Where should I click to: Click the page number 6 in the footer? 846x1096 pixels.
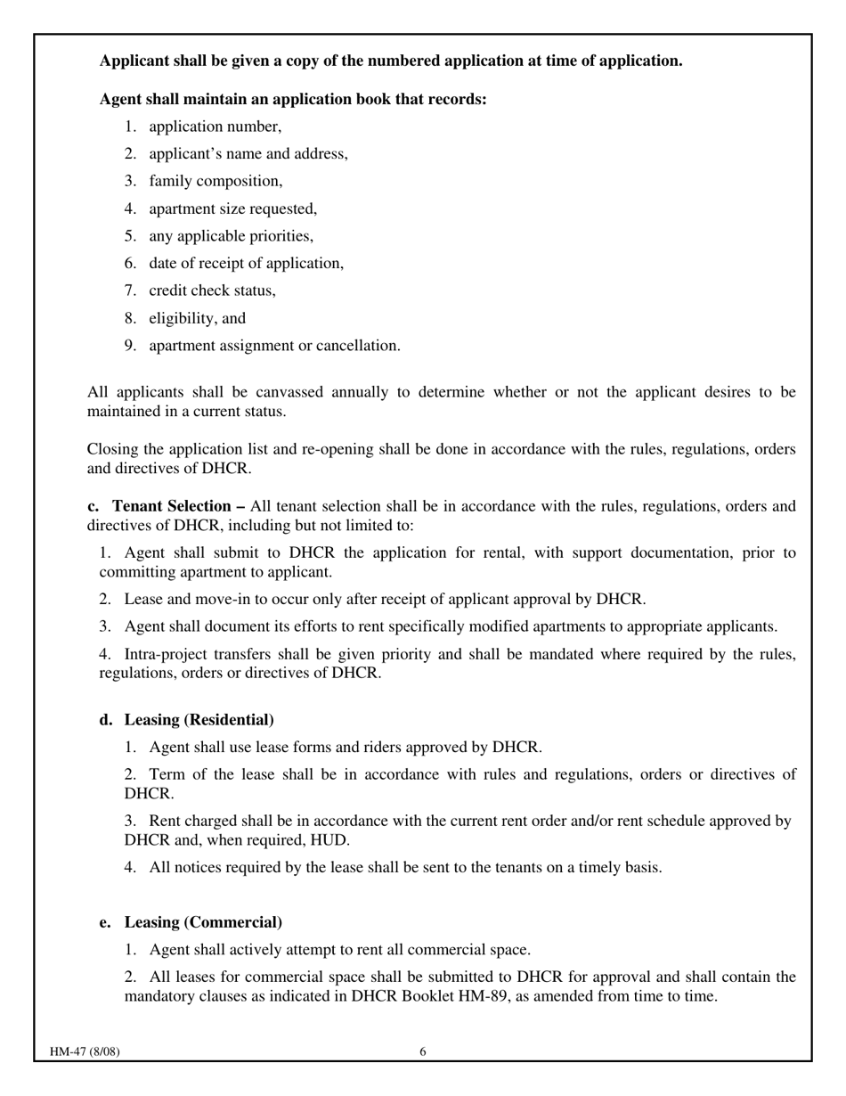423,1051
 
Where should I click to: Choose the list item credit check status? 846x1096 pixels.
212,290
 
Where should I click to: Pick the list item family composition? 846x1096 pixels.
216,181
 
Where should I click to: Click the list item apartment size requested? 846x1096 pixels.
232,209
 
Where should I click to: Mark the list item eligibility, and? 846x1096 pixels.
197,318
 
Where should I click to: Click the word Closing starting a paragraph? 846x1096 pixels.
114,449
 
